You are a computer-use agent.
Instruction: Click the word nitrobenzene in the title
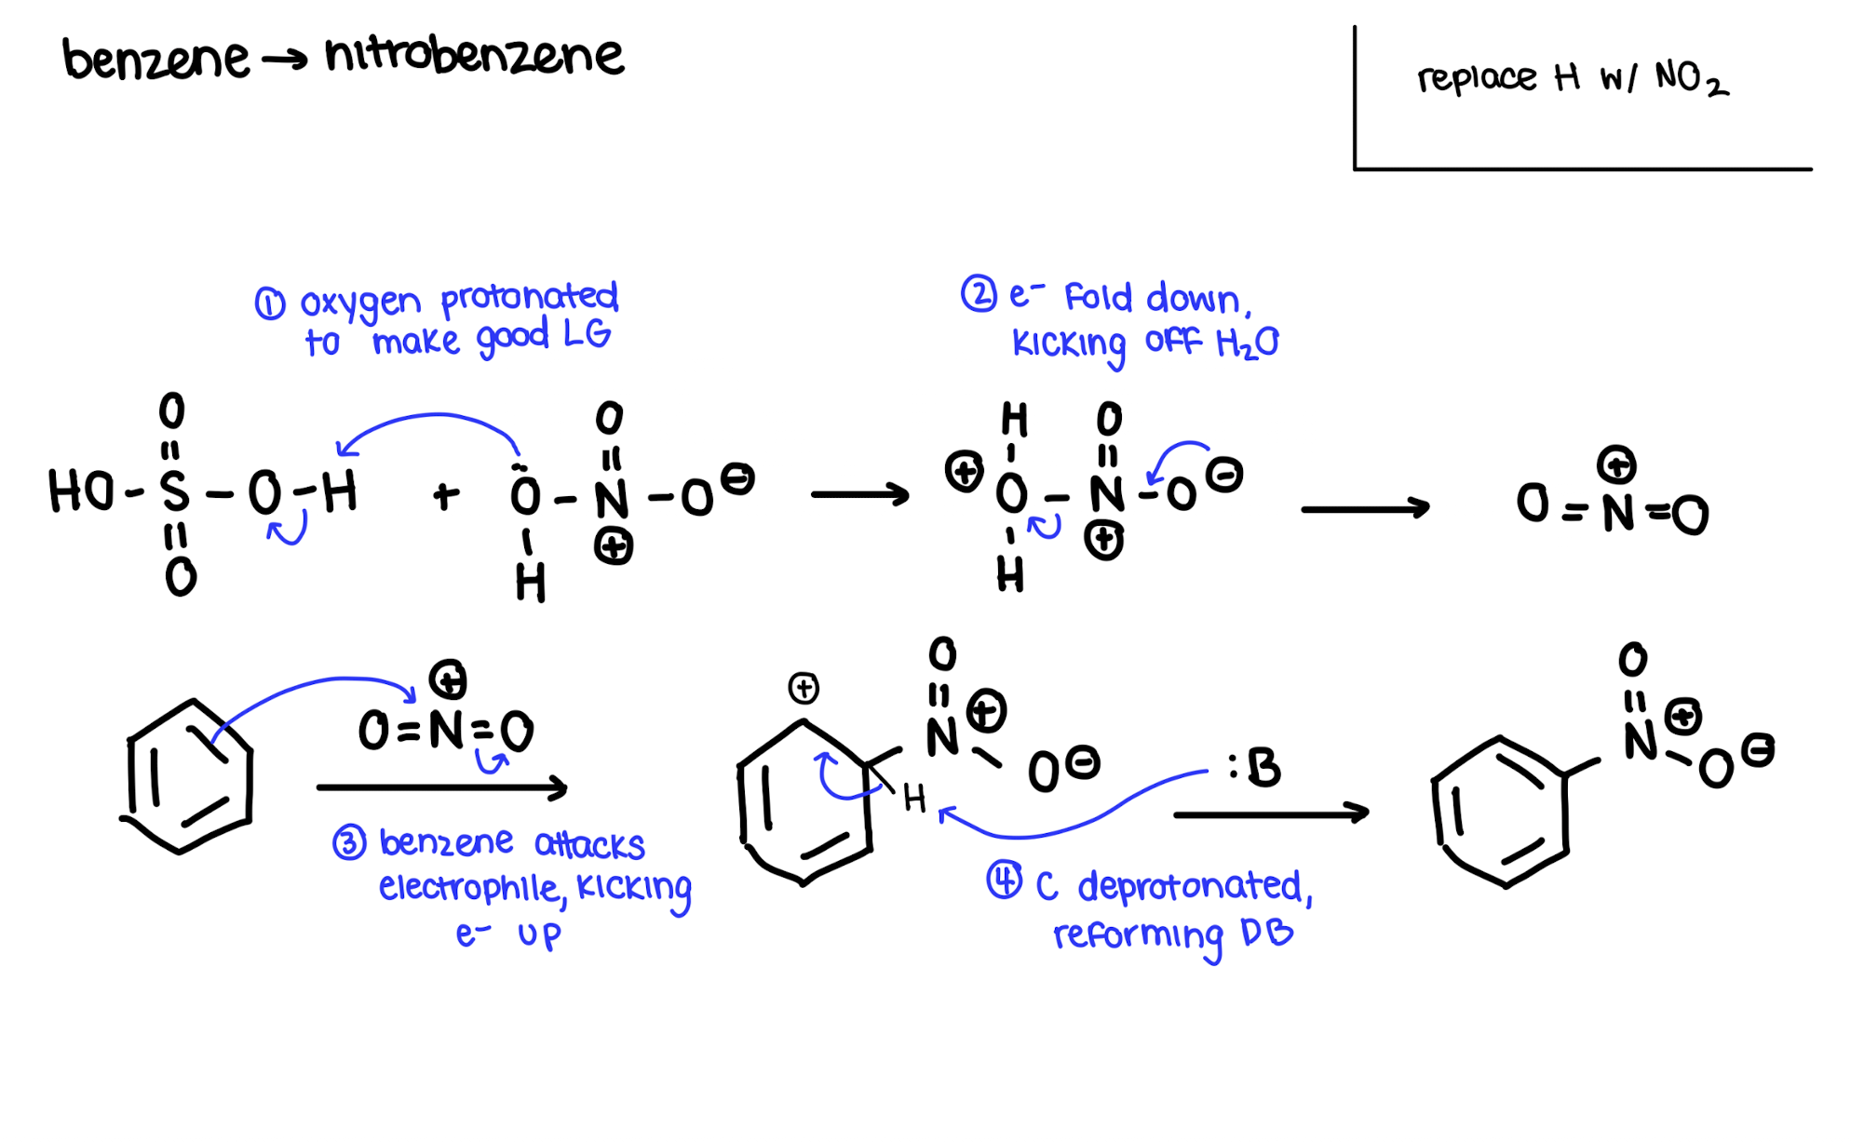(x=474, y=56)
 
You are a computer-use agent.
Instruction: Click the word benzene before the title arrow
(x=155, y=59)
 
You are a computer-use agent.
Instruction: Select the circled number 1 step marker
(x=270, y=303)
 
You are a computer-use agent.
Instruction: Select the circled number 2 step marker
(x=979, y=294)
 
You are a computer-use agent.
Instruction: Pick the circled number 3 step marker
(x=349, y=843)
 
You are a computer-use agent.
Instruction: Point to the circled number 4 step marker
(x=1005, y=880)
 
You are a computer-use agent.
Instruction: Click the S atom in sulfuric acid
(x=174, y=491)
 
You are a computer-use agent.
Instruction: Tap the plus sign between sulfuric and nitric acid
(x=446, y=495)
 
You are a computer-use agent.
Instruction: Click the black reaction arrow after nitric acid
(x=859, y=494)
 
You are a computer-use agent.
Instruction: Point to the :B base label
(x=1254, y=768)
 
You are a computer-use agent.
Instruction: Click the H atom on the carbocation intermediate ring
(x=914, y=798)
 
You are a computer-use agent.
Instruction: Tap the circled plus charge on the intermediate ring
(x=804, y=689)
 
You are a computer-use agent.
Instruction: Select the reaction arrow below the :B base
(x=1271, y=814)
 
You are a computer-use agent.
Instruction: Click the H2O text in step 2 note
(x=1248, y=343)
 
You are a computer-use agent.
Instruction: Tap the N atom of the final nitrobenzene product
(x=1640, y=742)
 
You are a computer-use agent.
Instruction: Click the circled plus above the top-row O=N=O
(x=1616, y=464)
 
